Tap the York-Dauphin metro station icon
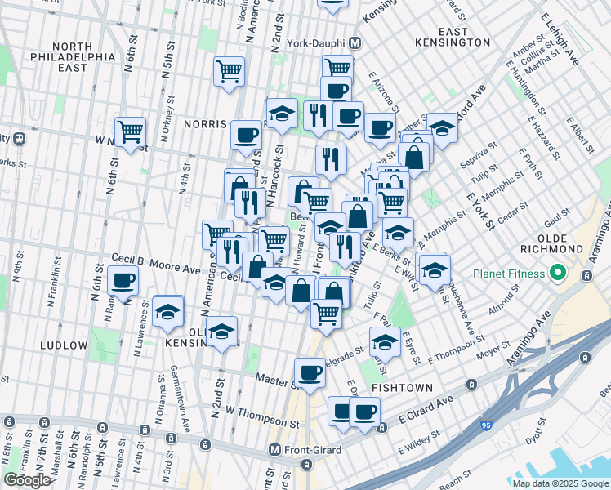[355, 43]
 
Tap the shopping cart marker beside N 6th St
[130, 131]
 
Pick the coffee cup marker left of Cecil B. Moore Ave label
[123, 282]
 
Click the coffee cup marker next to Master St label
[310, 373]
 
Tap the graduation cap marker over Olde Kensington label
[221, 332]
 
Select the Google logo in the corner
[27, 480]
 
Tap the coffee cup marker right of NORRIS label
[246, 136]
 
